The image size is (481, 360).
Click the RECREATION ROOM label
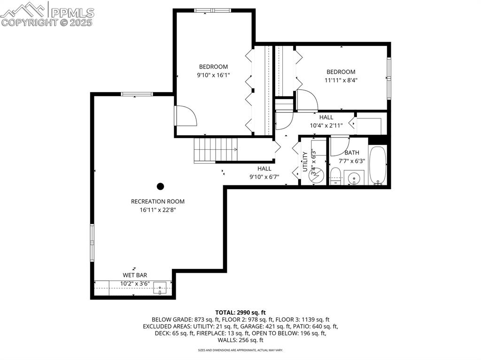157,201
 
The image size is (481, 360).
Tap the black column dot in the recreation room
160,186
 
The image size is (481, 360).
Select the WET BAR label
134,275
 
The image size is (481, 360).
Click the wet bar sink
161,288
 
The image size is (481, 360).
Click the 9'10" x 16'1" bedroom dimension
213,75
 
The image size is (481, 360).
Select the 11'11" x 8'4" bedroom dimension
341,80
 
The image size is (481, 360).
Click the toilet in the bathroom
335,177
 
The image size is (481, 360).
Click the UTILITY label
305,161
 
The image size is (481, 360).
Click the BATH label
352,153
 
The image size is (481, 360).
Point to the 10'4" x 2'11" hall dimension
326,125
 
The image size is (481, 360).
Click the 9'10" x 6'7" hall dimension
264,177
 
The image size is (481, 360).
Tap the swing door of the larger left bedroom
185,116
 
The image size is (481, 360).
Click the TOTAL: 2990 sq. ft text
240,312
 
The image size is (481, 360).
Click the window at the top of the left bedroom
212,10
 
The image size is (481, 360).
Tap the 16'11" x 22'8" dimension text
157,210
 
